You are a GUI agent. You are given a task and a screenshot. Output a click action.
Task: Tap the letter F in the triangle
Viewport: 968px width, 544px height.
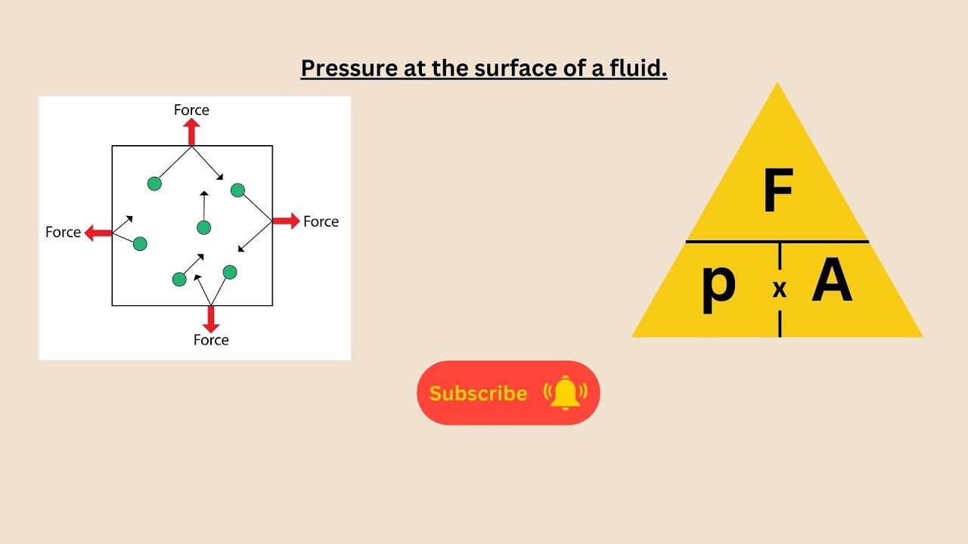coord(777,192)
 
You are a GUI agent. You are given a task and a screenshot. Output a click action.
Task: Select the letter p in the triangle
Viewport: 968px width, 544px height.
coord(718,287)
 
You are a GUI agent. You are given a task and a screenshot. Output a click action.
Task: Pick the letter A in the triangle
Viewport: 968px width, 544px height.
coord(832,285)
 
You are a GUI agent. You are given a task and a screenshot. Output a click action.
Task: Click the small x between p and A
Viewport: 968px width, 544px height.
coord(780,290)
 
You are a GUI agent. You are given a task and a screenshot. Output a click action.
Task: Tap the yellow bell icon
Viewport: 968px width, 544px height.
coord(565,393)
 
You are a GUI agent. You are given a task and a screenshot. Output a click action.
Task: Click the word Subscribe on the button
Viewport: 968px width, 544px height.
coord(478,394)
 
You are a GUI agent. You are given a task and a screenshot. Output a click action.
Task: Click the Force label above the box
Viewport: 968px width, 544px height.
coord(191,110)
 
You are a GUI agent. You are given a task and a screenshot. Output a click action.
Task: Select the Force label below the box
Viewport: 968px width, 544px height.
coord(211,340)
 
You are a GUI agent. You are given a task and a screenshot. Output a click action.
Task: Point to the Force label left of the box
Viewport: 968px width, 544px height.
coord(63,233)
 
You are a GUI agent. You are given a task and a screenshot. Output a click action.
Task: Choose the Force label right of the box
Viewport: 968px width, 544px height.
coord(321,221)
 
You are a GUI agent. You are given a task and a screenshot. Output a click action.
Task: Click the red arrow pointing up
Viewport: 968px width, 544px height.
coord(191,131)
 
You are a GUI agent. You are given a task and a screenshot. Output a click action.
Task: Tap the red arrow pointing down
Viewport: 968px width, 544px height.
coord(211,319)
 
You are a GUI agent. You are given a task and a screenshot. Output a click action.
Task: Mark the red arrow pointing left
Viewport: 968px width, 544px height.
coord(98,233)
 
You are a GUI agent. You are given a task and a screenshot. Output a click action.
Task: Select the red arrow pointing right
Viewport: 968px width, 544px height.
coord(286,221)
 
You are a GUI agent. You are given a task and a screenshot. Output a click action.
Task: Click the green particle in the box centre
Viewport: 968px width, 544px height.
coord(203,227)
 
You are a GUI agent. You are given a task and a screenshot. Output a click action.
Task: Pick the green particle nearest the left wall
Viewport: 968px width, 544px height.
coord(140,243)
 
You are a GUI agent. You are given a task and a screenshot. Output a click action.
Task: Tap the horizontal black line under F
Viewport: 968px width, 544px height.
coord(777,242)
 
